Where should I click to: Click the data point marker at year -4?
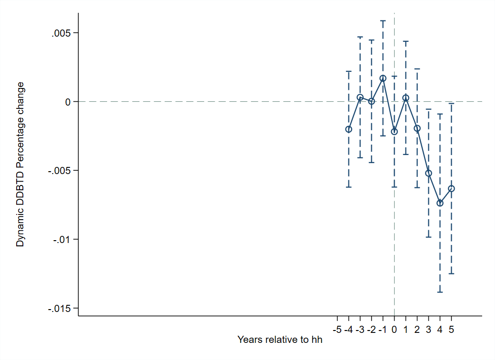[x=348, y=129]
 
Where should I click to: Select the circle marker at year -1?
[x=383, y=78]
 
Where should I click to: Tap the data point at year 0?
[x=394, y=132]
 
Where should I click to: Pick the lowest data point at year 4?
[x=440, y=203]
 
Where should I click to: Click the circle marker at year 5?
[x=451, y=189]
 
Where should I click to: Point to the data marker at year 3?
[x=428, y=173]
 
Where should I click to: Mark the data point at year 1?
[x=406, y=98]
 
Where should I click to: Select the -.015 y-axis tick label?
[x=59, y=308]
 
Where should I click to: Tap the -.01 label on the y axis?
[x=62, y=240]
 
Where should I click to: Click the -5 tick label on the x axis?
[x=337, y=329]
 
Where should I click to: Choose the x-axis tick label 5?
[x=451, y=329]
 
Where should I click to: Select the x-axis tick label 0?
[x=394, y=329]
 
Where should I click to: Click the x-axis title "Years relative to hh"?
[x=280, y=340]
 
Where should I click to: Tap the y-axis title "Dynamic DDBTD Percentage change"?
[x=20, y=164]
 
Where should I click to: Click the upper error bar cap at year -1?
[x=383, y=21]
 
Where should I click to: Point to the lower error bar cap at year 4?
[x=440, y=292]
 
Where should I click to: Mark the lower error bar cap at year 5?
[x=451, y=274]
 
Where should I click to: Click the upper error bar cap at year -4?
[x=348, y=71]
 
